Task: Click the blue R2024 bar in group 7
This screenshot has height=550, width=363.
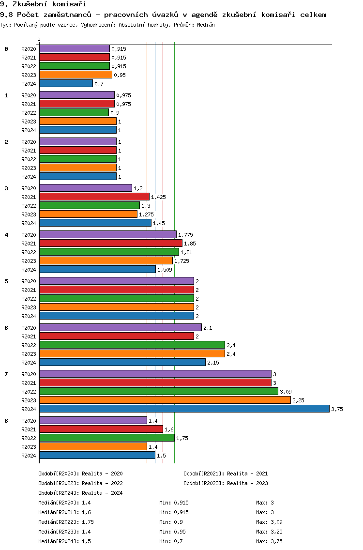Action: coord(184,409)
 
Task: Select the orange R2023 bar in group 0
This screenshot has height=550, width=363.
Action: coord(76,75)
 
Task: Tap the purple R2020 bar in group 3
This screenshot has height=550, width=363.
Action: coord(86,188)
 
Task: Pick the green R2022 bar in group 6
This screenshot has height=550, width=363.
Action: coord(132,345)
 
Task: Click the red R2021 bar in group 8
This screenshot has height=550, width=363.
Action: coord(101,429)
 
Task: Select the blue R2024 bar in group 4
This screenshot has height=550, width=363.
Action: coord(97,269)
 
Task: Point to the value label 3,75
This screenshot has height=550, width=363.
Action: coord(337,409)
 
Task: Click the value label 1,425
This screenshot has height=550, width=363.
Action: coord(159,197)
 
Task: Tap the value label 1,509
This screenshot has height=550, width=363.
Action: coord(165,270)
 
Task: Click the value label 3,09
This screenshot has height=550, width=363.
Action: coord(286,392)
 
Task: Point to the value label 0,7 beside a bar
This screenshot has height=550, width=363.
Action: coord(99,84)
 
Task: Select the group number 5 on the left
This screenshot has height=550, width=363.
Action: coord(6,281)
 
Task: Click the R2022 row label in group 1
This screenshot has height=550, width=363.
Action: coord(29,113)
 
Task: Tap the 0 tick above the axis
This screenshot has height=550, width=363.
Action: coord(39,39)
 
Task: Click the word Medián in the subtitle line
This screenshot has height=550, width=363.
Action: coord(206,25)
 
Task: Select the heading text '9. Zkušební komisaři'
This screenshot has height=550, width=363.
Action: coord(43,4)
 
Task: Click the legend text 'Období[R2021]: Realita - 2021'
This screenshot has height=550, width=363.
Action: coord(226,474)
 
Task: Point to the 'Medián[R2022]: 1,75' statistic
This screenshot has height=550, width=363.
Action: coord(66,522)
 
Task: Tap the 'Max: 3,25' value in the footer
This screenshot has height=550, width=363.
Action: coord(269,532)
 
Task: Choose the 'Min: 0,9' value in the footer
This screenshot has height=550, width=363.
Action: coord(171,522)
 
